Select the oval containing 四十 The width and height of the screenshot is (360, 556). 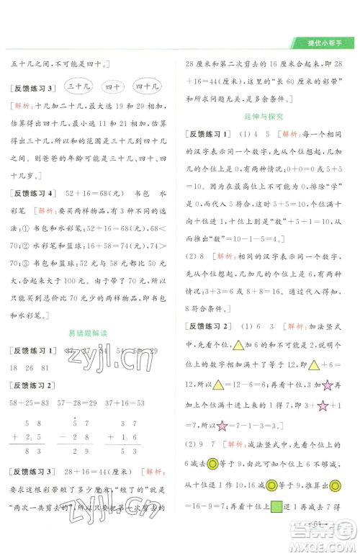click(x=112, y=87)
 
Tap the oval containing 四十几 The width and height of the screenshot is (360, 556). click(x=148, y=87)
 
